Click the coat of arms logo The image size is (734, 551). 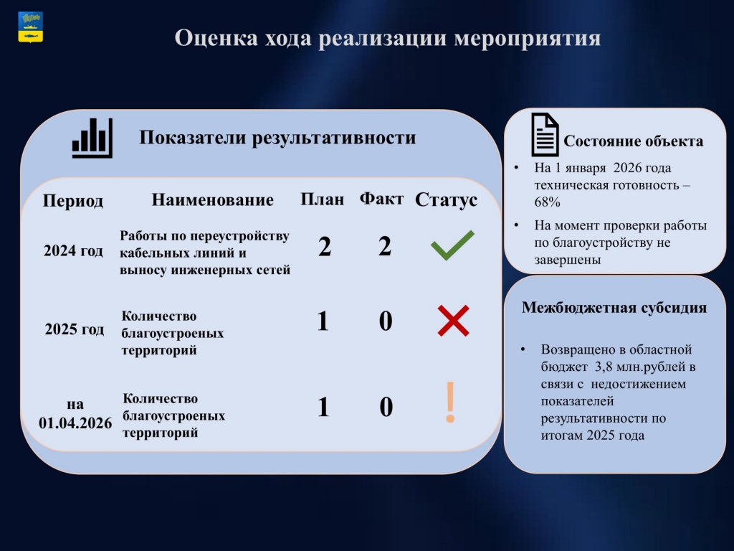click(x=30, y=27)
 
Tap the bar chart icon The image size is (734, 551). click(x=92, y=138)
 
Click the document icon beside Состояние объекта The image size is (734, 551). click(x=545, y=135)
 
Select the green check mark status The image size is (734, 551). click(x=452, y=245)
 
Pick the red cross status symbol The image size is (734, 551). click(x=453, y=321)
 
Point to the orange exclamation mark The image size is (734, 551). click(x=450, y=402)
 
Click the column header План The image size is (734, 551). click(x=322, y=199)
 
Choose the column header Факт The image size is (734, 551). click(x=381, y=199)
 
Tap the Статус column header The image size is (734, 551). click(x=446, y=200)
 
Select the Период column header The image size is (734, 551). click(x=73, y=201)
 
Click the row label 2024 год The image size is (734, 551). click(x=74, y=250)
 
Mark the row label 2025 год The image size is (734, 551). click(x=75, y=329)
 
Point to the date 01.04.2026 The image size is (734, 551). click(x=75, y=423)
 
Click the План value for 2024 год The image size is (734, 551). click(x=325, y=247)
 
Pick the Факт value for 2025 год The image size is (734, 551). click(x=385, y=321)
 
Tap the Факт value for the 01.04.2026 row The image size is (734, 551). click(x=386, y=407)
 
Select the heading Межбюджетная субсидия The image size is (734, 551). click(x=614, y=308)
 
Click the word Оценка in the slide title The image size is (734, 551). click(x=216, y=37)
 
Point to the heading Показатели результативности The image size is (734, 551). click(x=277, y=138)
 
